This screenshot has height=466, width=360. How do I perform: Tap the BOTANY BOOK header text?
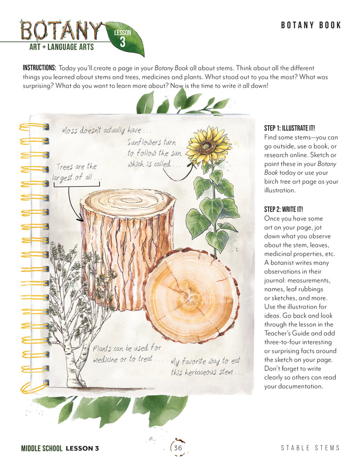click(x=311, y=25)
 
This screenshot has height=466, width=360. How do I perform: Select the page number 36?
click(x=178, y=448)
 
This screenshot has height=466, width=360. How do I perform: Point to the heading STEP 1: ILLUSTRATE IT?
click(x=289, y=128)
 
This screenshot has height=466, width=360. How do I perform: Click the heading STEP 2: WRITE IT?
click(x=283, y=209)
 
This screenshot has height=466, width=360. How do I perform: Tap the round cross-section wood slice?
click(x=192, y=296)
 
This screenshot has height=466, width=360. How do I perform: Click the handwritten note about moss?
click(x=106, y=130)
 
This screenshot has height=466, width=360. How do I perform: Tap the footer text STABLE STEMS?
click(x=310, y=448)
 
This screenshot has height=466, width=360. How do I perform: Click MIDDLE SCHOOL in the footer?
click(x=41, y=448)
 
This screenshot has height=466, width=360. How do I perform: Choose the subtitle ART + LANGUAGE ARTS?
click(x=61, y=47)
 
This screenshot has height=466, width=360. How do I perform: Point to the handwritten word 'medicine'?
click(x=105, y=360)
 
